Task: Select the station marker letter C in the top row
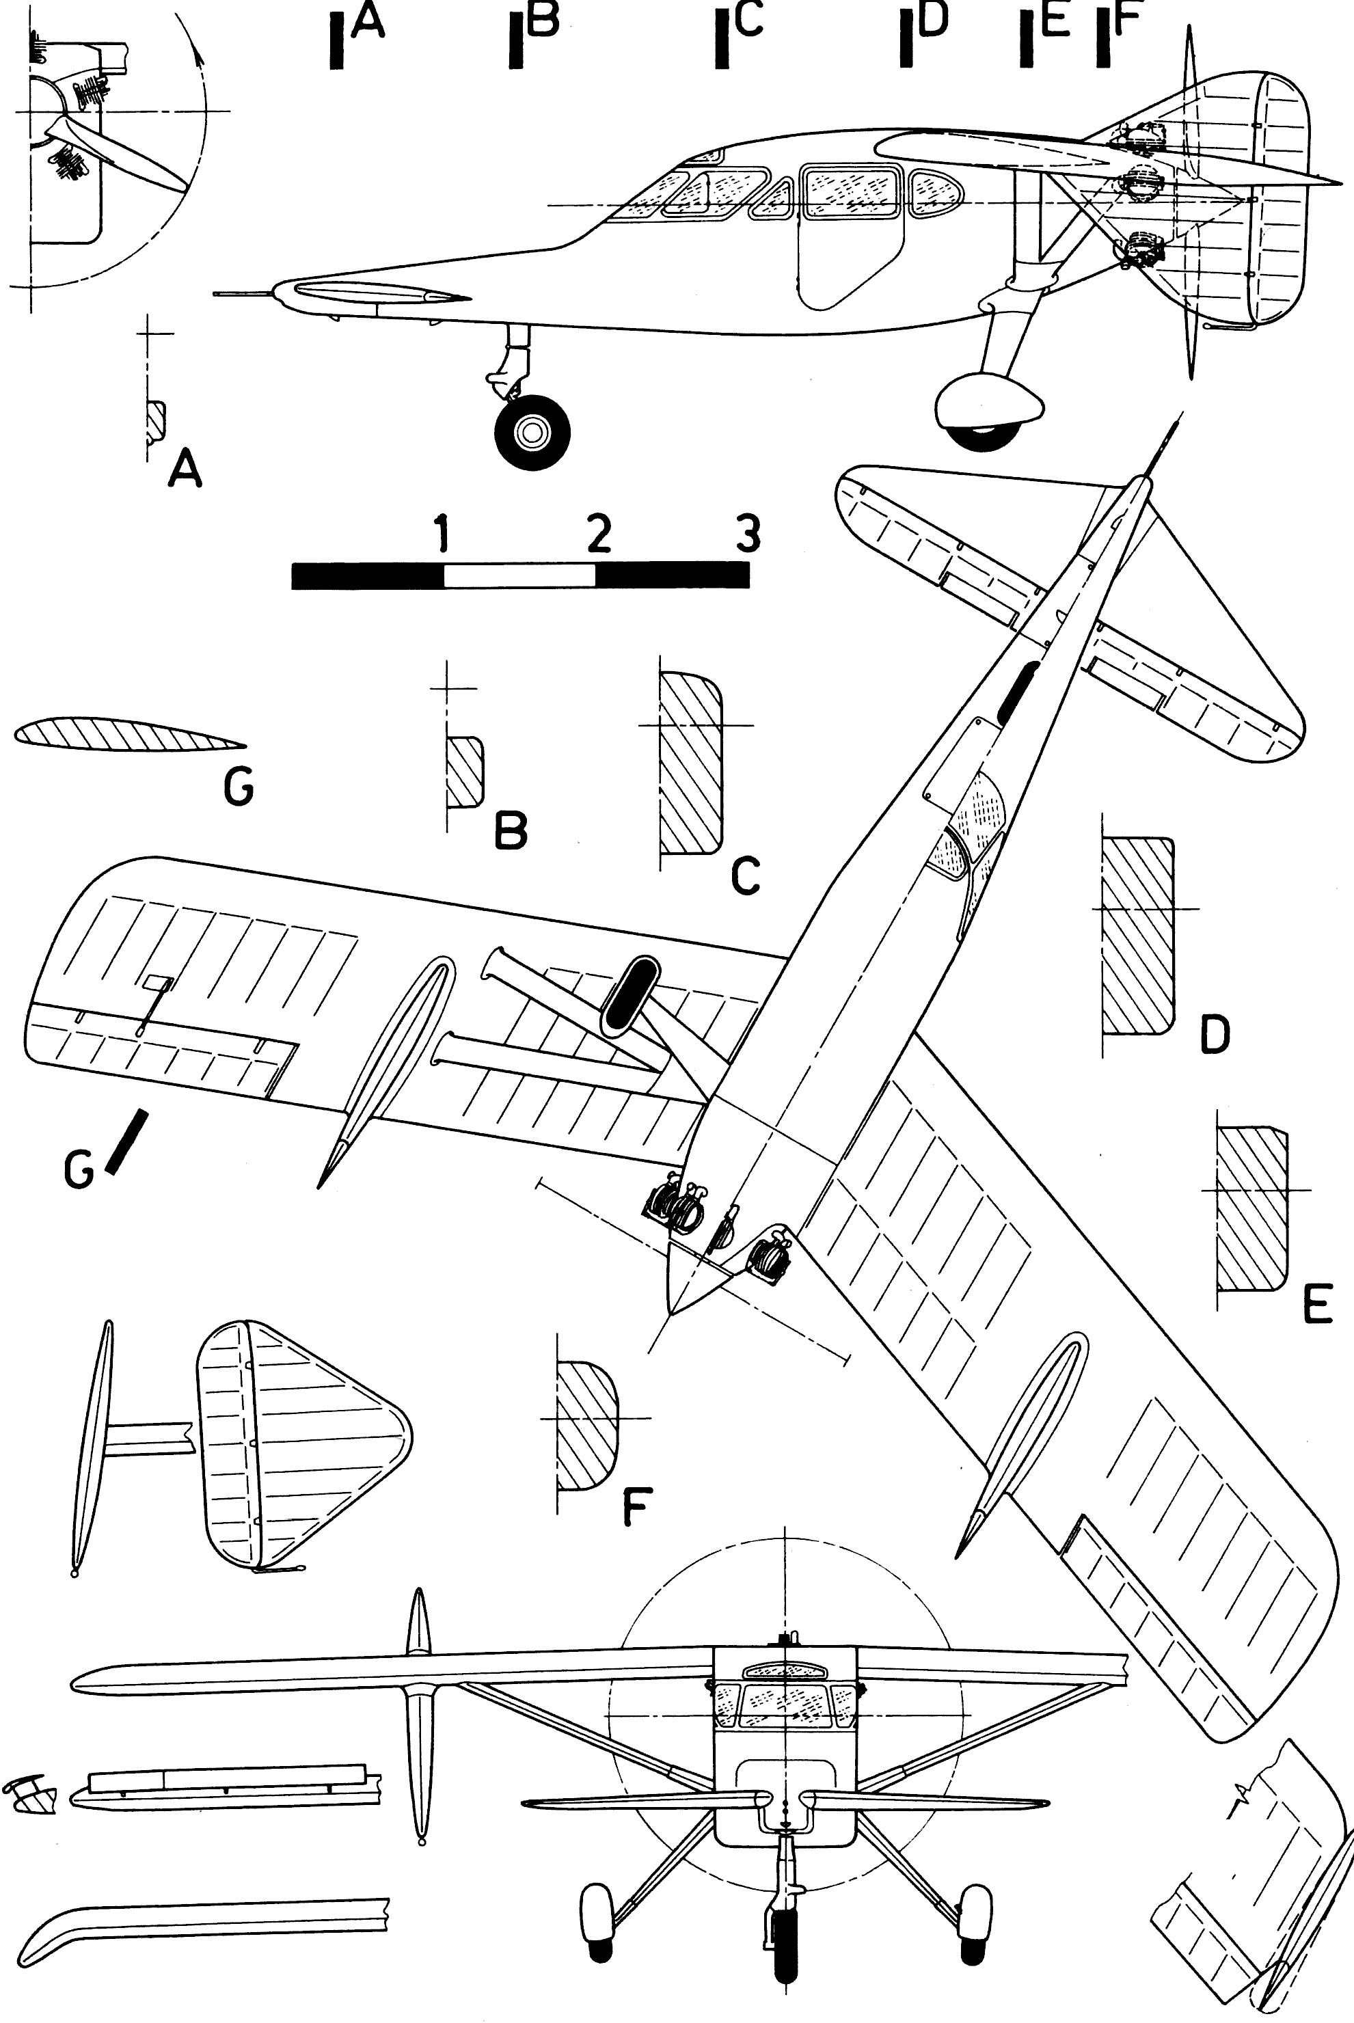750,21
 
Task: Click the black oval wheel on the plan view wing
629,994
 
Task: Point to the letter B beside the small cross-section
511,830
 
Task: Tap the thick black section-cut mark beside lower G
126,1141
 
